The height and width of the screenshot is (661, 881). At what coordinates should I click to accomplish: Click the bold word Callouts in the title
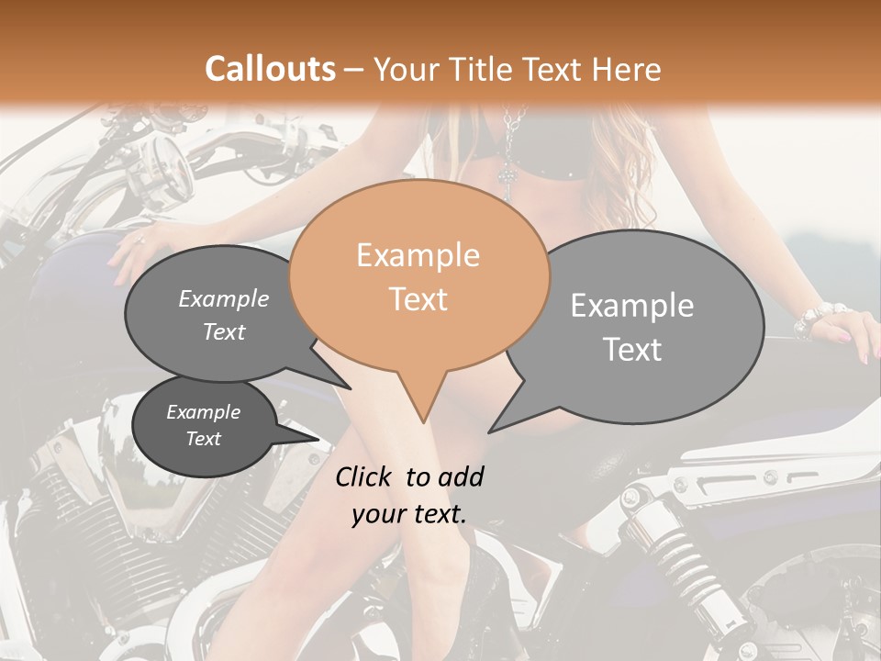pos(270,69)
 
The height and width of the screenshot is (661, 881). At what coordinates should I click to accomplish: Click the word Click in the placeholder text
pos(366,476)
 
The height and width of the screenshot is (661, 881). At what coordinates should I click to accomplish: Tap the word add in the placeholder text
pos(462,476)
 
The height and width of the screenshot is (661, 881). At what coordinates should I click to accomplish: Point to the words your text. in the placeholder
pos(409,514)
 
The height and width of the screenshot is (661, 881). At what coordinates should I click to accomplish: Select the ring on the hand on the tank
pos(140,241)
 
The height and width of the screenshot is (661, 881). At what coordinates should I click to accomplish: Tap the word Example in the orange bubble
pos(418,255)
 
